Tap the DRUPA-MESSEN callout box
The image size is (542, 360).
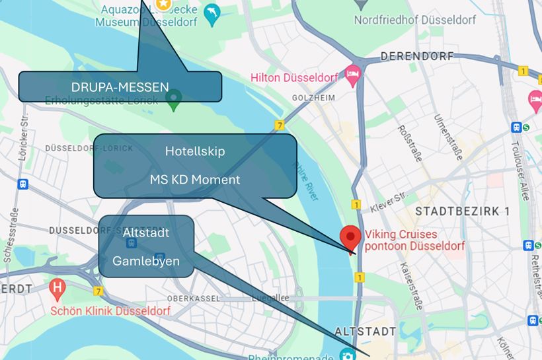coord(120,87)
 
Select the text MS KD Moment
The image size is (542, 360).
coord(194,179)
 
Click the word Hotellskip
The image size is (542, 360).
coord(194,151)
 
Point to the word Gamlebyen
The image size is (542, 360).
coord(146,261)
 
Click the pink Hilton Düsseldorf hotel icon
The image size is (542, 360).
coord(352,76)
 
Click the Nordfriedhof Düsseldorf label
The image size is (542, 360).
coord(414,20)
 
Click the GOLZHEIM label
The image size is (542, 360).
coord(313,98)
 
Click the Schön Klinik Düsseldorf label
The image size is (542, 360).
coord(110,310)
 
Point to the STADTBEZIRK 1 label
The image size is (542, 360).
coord(462,211)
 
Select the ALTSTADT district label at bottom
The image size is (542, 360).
coord(366,331)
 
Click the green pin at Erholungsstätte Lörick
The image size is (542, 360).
coord(173,100)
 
